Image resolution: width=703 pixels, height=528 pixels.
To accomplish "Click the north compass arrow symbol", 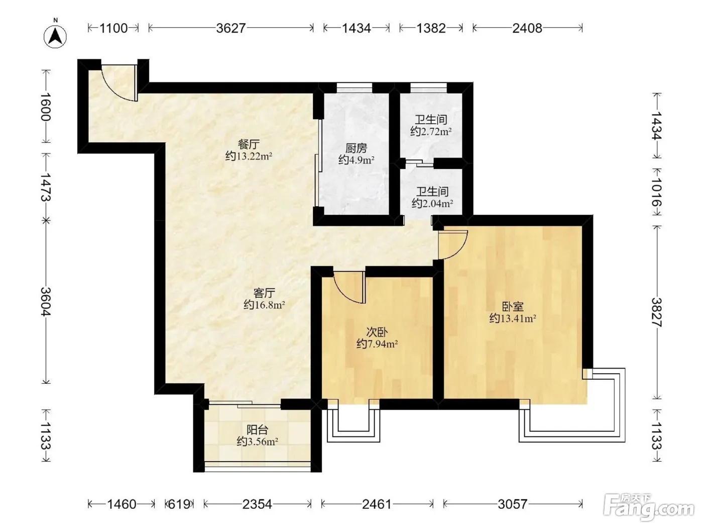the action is tap(55, 36).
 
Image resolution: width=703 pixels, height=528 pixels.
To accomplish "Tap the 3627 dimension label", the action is tap(230, 28).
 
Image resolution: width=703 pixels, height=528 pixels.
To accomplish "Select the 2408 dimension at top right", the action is tap(527, 28).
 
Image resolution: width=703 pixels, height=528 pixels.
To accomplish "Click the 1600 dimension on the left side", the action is tap(46, 107).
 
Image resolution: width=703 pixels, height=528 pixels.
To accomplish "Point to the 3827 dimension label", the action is tap(657, 312).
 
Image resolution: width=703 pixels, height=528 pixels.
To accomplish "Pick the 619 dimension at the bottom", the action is tap(179, 504).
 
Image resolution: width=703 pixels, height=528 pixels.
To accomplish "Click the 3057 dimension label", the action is tap(513, 504).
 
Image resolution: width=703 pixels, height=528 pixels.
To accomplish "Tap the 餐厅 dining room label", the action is tap(249, 144).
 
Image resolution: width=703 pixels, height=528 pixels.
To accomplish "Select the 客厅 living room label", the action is tap(264, 293).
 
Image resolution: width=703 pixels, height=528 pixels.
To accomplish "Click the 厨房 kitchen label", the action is tap(356, 148).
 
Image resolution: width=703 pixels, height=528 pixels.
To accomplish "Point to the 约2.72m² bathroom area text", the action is tap(431, 131).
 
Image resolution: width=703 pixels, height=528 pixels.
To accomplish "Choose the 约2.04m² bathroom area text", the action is tap(432, 203).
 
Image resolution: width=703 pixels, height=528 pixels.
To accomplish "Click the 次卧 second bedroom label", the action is tap(377, 332).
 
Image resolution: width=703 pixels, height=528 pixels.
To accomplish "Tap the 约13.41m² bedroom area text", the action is tap(513, 318).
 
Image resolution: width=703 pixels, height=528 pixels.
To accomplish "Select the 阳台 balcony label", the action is tap(257, 430).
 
